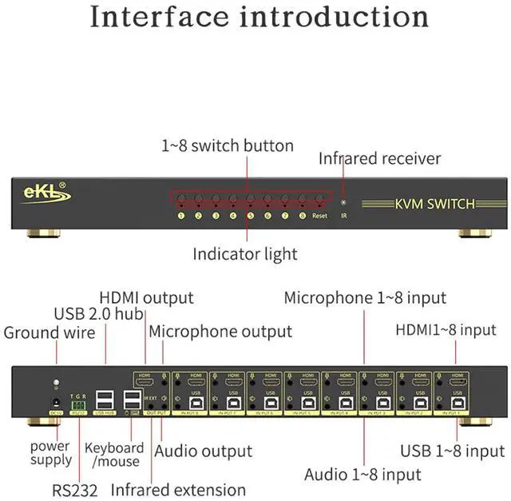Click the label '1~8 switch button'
[228, 145]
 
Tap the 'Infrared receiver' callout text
[379, 158]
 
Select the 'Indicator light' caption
[244, 254]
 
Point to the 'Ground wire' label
[50, 332]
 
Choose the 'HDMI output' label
[146, 297]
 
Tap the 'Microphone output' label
[220, 331]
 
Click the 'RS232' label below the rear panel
[77, 488]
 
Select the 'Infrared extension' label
[178, 489]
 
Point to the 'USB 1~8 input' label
[452, 451]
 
